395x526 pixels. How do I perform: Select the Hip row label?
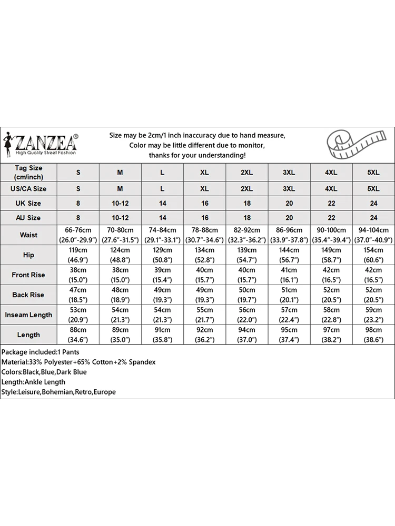pyautogui.click(x=28, y=255)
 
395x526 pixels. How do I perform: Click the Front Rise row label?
pyautogui.click(x=28, y=275)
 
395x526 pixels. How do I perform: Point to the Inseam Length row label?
pyautogui.click(x=28, y=315)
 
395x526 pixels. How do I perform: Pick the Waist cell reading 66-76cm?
pyautogui.click(x=78, y=235)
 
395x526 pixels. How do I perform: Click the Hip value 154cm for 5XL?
pyautogui.click(x=373, y=255)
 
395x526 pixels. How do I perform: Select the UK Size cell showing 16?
pyautogui.click(x=205, y=203)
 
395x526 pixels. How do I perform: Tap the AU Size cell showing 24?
pyautogui.click(x=373, y=218)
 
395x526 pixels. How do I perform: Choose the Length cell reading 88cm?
pyautogui.click(x=78, y=335)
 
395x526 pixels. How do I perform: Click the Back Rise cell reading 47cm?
pyautogui.click(x=78, y=295)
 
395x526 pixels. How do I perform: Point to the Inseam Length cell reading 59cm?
pyautogui.click(x=373, y=315)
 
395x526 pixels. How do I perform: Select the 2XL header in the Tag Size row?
pyautogui.click(x=247, y=173)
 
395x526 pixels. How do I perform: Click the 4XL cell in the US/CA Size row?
pyautogui.click(x=331, y=188)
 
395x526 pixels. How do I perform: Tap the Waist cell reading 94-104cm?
pyautogui.click(x=373, y=235)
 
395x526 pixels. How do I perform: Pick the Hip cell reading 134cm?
pyautogui.click(x=205, y=255)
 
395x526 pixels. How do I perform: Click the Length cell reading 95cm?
pyautogui.click(x=289, y=335)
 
